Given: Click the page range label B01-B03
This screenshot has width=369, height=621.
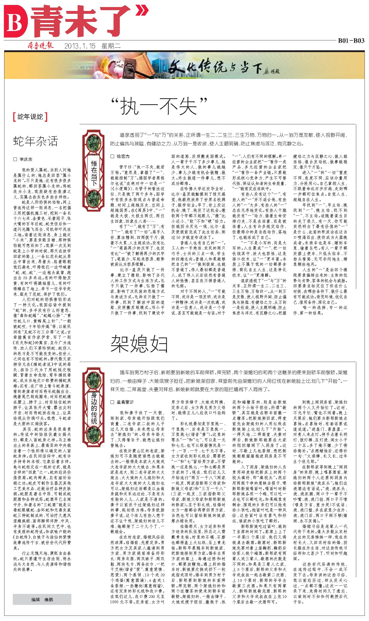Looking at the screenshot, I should click(x=351, y=41).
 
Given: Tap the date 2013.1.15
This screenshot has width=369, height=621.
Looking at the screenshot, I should click(x=79, y=46).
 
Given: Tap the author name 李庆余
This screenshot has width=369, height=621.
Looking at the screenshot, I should click(x=26, y=159).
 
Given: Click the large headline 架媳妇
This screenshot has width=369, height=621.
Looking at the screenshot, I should click(x=139, y=344).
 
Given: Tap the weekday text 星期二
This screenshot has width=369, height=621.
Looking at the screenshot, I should click(x=111, y=46).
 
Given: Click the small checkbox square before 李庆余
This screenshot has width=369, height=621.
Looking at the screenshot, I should click(x=15, y=159).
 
